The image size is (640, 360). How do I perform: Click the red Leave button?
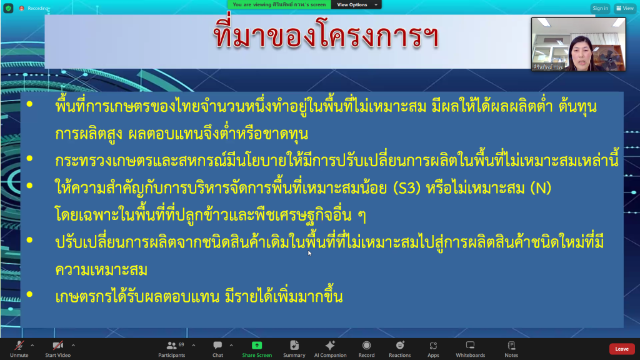click(x=622, y=349)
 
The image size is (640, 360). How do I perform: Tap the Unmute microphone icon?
click(x=19, y=346)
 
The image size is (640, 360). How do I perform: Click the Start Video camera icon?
click(x=58, y=346)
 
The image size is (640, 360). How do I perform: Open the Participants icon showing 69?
click(x=172, y=346)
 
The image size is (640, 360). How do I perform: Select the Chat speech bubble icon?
click(x=217, y=346)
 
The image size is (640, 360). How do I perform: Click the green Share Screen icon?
click(x=257, y=345)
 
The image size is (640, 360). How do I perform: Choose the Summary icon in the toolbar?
click(x=294, y=346)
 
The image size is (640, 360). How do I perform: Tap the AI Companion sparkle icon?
click(x=330, y=345)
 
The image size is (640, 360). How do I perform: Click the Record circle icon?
click(x=366, y=346)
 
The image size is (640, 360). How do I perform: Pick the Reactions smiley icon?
click(x=400, y=345)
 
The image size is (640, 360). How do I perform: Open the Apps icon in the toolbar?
click(x=434, y=346)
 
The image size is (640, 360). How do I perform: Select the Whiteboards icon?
click(x=470, y=345)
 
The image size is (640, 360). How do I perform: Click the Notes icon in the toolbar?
click(x=511, y=346)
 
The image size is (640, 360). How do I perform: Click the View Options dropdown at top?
click(x=356, y=5)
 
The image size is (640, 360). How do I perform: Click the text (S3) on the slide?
click(x=407, y=188)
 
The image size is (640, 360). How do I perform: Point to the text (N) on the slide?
click(x=541, y=188)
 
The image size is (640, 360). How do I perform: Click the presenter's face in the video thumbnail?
click(x=581, y=51)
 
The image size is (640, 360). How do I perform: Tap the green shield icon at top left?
click(x=8, y=8)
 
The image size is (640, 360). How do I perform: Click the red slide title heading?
click(x=326, y=36)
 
